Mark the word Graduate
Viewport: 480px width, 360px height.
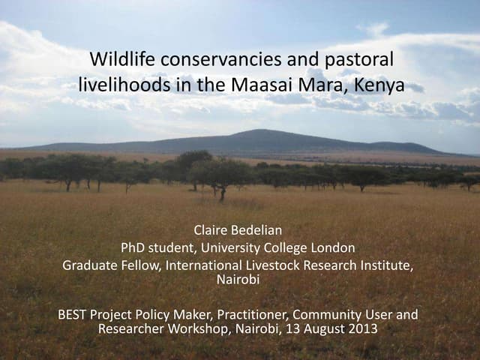pyautogui.click(x=89, y=266)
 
